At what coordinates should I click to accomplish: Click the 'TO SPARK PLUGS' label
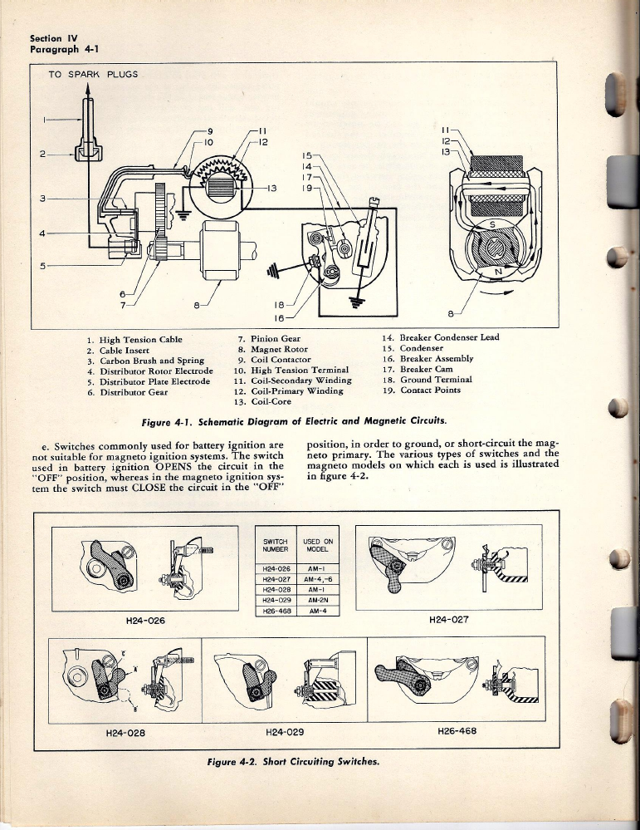point(92,74)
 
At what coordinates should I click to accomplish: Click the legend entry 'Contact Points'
point(430,390)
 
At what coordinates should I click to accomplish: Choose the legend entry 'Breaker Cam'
point(427,370)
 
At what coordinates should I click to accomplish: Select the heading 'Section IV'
point(53,37)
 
